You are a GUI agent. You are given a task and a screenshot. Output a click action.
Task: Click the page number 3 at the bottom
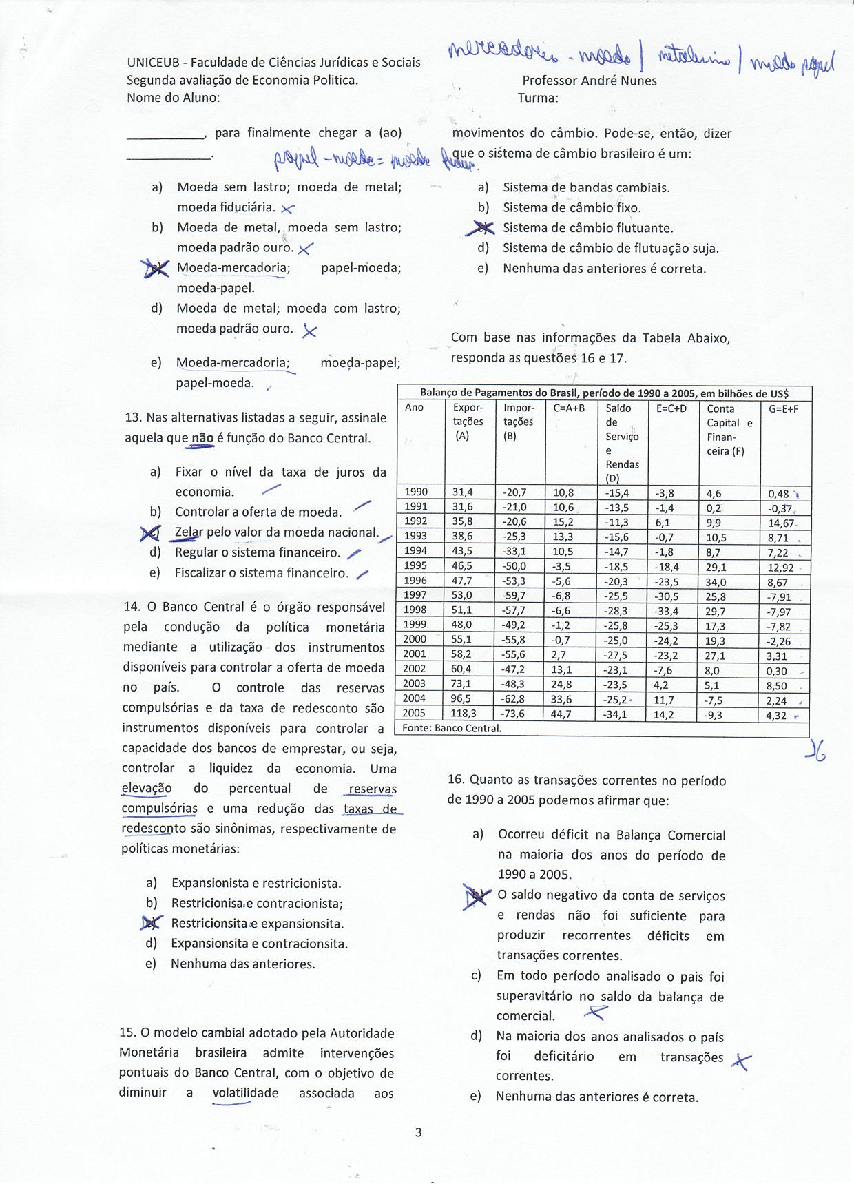tap(418, 1132)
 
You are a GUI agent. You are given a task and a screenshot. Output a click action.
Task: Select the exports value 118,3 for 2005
tap(464, 714)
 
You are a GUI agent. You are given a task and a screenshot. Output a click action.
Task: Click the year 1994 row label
tap(416, 550)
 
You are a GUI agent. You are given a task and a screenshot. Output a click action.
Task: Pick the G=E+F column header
tap(784, 408)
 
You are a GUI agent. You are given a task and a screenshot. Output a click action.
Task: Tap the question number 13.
tap(132, 417)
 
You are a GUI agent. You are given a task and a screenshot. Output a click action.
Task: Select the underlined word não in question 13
tap(202, 438)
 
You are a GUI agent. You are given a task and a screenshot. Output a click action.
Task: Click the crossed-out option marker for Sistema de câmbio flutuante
tap(483, 228)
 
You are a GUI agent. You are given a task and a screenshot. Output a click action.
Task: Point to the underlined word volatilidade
tap(245, 1093)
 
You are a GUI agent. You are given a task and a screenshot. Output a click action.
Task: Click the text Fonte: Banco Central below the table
tap(452, 728)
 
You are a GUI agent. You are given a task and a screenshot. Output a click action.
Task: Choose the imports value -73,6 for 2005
tap(514, 714)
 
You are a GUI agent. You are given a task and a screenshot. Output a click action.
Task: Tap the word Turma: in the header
tap(538, 98)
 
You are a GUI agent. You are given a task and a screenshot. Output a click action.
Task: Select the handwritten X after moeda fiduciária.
tap(288, 208)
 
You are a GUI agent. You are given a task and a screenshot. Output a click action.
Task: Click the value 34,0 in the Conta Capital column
tap(716, 582)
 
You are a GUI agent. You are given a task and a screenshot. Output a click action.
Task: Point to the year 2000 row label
tap(416, 639)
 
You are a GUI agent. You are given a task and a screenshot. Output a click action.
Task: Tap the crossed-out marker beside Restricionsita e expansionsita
tap(152, 923)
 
